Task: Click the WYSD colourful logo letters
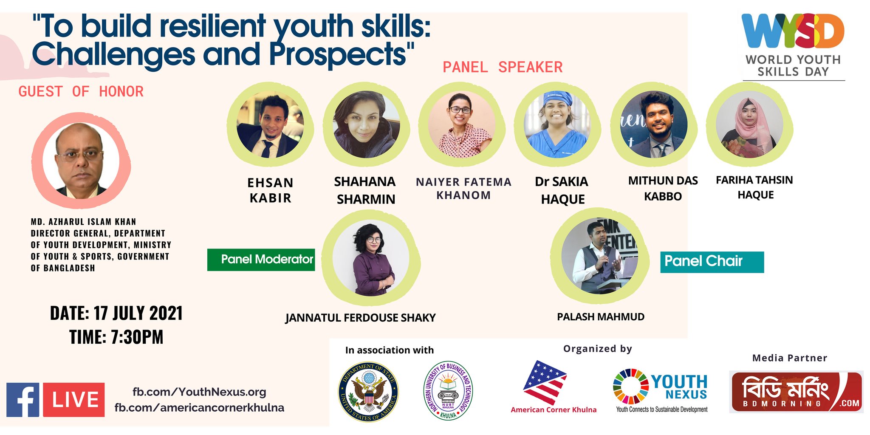tap(793, 31)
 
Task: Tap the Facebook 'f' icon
tap(23, 400)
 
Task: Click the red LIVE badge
tap(74, 400)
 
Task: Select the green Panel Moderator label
tap(261, 260)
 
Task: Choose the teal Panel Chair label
tap(712, 262)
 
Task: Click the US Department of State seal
tap(369, 392)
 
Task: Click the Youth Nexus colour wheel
tap(631, 386)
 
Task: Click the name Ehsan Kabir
tap(271, 190)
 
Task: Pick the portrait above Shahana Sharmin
tap(366, 125)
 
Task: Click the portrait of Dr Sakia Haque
tap(557, 125)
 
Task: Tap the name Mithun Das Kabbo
tap(663, 188)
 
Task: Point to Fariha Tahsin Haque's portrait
tap(749, 124)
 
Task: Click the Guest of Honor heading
tap(81, 91)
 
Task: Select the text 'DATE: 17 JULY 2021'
tap(116, 314)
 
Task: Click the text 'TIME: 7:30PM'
tap(116, 337)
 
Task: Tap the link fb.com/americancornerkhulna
tap(199, 408)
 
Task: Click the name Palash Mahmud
tap(601, 317)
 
